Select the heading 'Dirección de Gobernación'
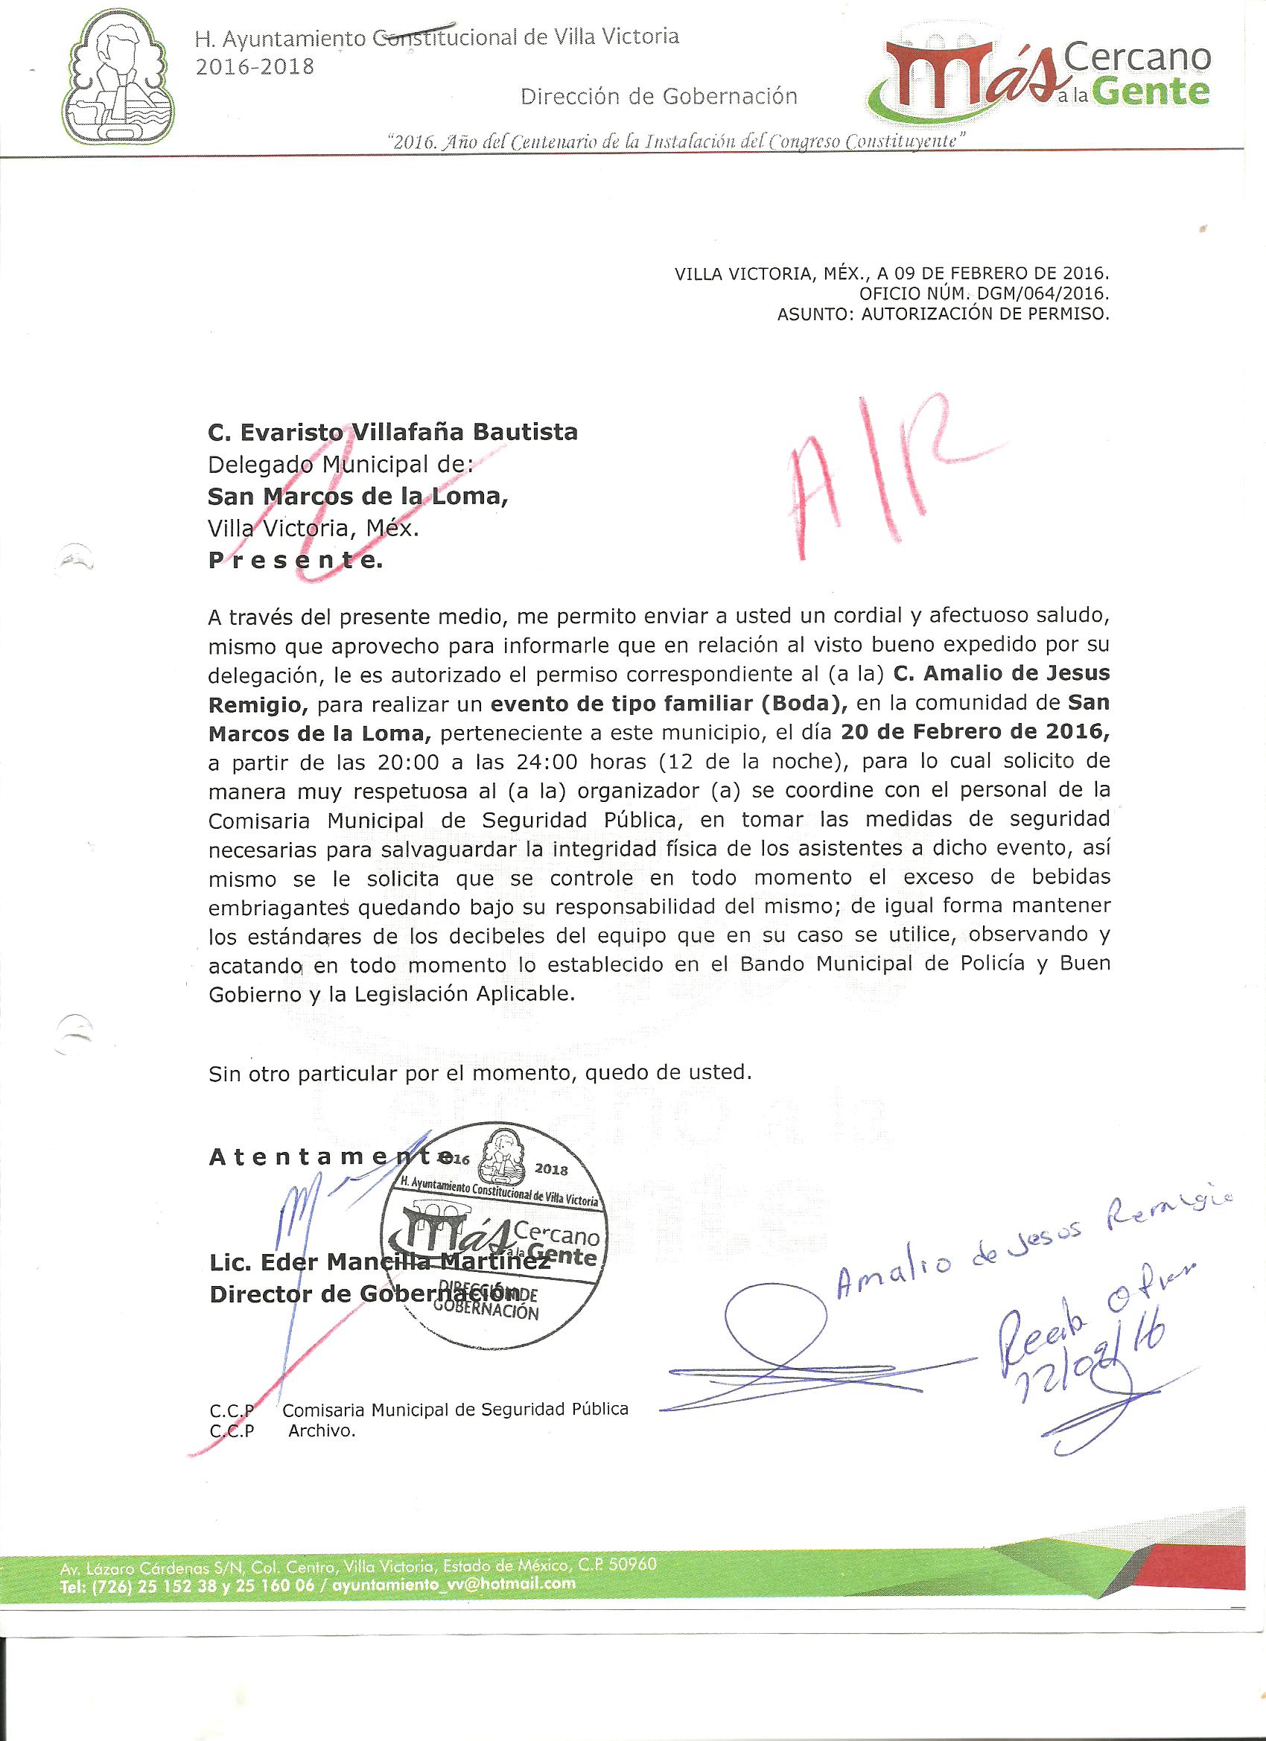tap(659, 96)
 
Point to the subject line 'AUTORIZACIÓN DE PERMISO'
tap(986, 314)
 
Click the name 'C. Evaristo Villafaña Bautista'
tap(392, 432)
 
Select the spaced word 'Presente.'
tap(295, 561)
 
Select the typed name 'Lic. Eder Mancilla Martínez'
tap(378, 1262)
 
